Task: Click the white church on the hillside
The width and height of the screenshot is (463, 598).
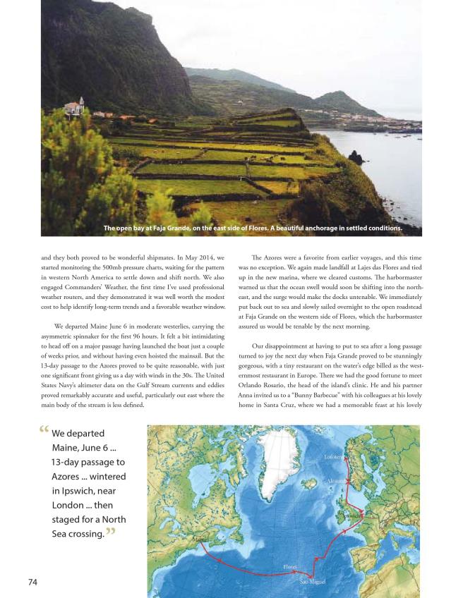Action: click(x=73, y=107)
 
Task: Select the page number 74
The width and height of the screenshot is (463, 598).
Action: click(x=32, y=582)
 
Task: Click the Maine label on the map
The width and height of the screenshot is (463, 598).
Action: click(x=200, y=540)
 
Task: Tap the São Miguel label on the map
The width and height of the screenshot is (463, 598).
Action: click(x=313, y=581)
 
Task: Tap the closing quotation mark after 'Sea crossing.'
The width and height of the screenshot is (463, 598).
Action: click(x=110, y=533)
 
